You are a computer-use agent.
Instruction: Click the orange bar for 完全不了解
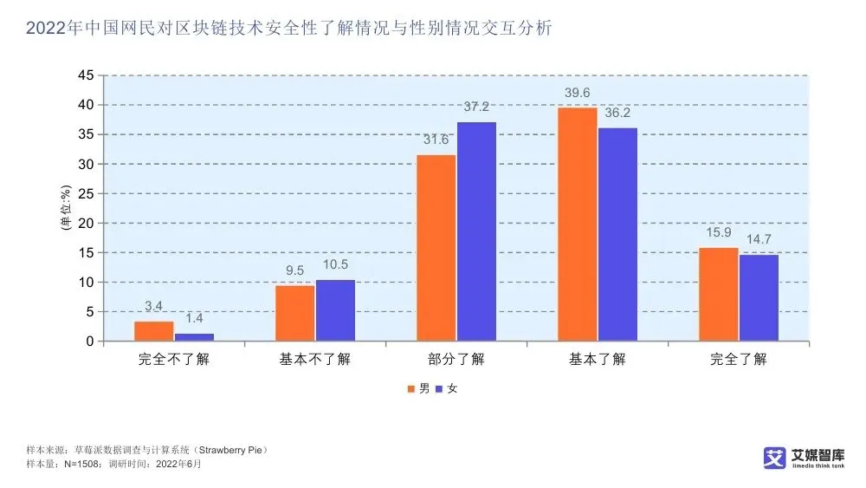(153, 331)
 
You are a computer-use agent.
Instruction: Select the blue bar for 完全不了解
(194, 337)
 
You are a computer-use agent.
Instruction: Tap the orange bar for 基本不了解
(294, 313)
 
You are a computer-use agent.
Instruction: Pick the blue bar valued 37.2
(476, 231)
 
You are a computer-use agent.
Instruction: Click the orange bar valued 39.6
(578, 224)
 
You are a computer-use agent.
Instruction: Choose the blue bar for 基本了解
(617, 234)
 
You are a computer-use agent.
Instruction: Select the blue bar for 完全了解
(759, 297)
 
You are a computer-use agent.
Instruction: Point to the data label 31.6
(436, 140)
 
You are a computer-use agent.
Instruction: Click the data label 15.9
(719, 233)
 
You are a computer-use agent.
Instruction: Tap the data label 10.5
(335, 265)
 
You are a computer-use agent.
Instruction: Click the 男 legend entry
(418, 388)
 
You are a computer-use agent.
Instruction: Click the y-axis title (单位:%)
(64, 208)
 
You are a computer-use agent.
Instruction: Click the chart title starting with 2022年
(288, 29)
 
